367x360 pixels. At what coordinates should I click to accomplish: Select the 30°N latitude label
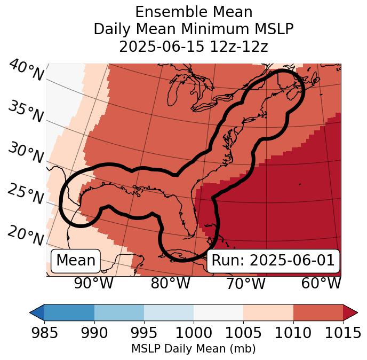[26, 153]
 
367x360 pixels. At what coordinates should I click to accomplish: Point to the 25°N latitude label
[26, 194]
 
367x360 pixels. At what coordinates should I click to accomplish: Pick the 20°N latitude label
[26, 235]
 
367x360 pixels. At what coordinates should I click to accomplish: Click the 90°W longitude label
[94, 283]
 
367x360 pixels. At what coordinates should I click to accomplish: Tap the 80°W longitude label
[170, 283]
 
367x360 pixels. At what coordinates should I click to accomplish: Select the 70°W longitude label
[245, 283]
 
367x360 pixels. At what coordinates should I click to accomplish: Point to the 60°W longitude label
[321, 283]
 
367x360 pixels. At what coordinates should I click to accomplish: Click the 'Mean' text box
[76, 261]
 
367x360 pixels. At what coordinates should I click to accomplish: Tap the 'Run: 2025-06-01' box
[273, 261]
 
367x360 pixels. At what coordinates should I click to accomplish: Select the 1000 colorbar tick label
[194, 333]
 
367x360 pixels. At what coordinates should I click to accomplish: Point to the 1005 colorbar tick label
[243, 333]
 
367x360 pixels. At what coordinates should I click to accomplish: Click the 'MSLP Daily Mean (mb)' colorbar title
[194, 349]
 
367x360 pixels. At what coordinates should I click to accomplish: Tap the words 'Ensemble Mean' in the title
[194, 12]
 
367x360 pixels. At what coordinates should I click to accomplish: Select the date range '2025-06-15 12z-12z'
[194, 46]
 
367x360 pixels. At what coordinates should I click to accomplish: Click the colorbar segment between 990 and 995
[119, 312]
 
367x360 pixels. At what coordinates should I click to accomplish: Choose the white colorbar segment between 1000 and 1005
[218, 312]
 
